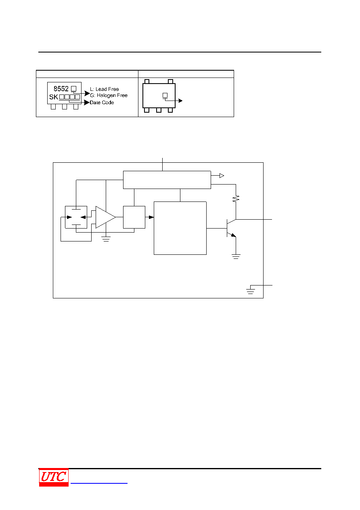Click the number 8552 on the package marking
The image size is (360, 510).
61,88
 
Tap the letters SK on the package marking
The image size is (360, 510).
54,97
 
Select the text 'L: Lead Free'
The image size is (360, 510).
105,89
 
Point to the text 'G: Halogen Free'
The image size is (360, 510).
109,95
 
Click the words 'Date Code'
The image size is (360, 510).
102,103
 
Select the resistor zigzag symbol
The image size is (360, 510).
236,199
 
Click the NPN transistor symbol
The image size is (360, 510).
231,228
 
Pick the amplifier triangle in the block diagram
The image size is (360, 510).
105,217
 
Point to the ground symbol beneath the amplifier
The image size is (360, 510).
106,239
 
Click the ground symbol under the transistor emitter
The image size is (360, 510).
236,256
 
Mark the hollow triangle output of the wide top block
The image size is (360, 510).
222,176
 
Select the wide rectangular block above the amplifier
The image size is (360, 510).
167,180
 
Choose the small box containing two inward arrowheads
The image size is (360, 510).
76,217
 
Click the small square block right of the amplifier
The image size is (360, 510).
134,217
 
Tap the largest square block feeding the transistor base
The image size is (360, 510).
180,228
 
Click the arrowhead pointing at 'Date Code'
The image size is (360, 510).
87,103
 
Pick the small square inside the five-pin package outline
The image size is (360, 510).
165,95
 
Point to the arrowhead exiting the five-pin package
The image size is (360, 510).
180,101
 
